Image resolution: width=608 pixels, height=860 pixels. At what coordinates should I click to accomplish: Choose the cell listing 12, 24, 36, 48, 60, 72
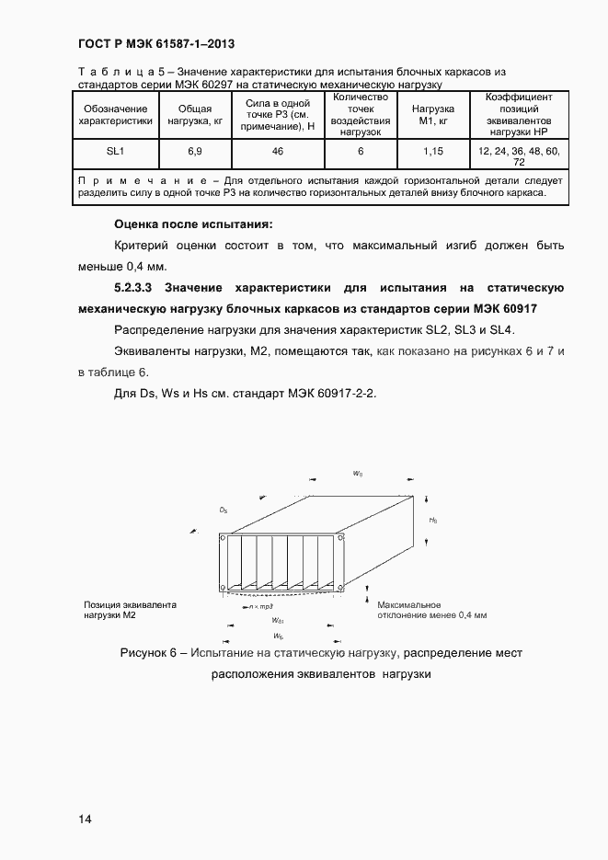tap(520, 154)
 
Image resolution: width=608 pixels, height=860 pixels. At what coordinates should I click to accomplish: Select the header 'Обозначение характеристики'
tap(114, 114)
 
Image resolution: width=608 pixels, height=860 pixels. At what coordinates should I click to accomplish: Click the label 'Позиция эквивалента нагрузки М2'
tap(129, 610)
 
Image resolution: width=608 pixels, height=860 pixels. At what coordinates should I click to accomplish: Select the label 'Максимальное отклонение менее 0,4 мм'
tap(431, 610)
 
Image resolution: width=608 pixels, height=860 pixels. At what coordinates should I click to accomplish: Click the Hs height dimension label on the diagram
tap(432, 520)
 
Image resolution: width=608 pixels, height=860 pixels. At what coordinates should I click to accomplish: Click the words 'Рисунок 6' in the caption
tap(149, 653)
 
